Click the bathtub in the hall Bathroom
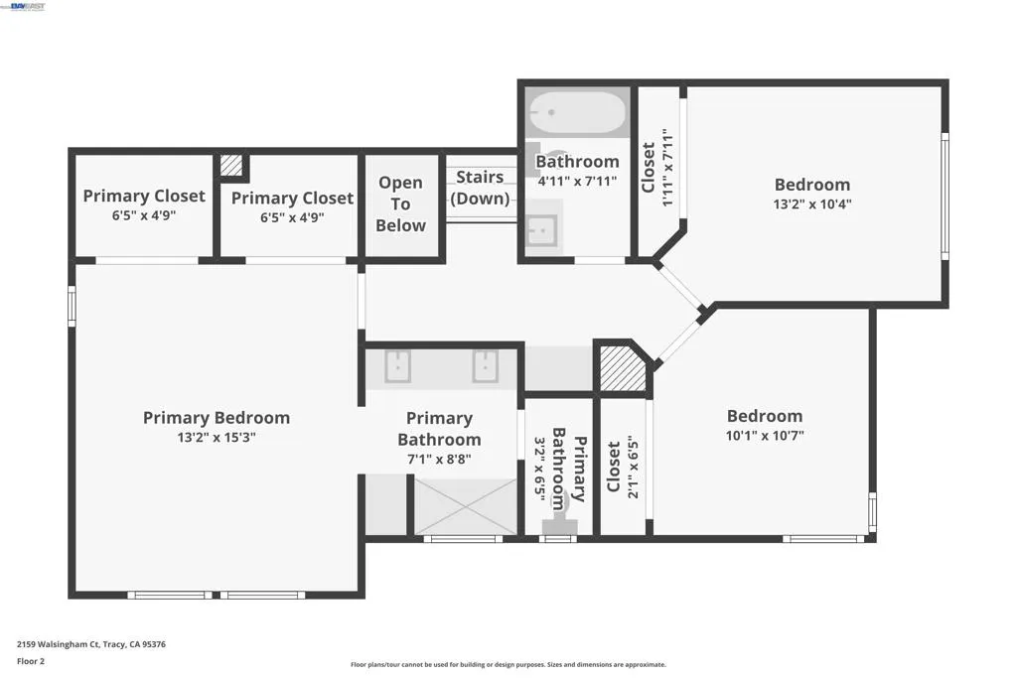577,112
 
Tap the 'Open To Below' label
401,204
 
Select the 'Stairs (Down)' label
480,188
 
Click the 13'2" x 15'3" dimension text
217,438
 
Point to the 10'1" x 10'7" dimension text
765,436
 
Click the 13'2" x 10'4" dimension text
812,204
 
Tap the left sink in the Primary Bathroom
397,366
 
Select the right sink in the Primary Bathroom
485,366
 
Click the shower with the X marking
466,507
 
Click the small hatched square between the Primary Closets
230,165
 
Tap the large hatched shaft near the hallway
623,368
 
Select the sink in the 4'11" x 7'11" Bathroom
541,230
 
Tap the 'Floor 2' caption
31,661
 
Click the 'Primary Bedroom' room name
217,418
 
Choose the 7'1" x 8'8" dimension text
439,460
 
